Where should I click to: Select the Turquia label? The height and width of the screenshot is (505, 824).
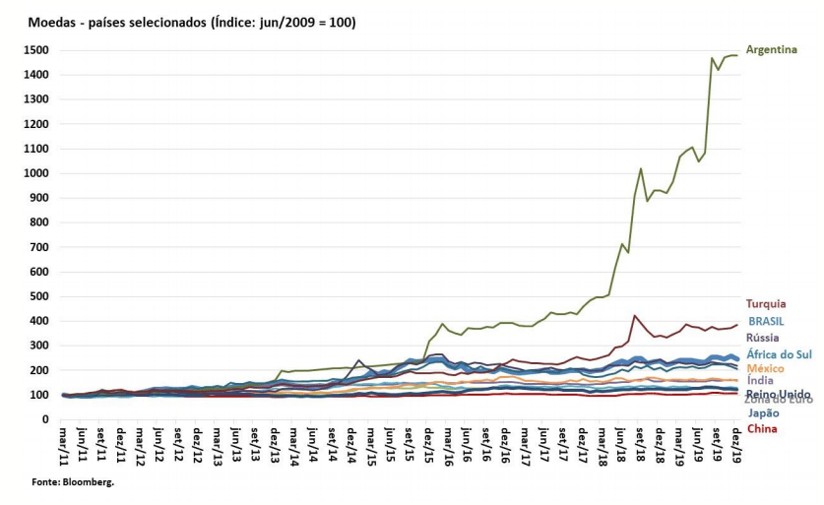[766, 304]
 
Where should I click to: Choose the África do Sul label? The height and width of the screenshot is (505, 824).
[778, 353]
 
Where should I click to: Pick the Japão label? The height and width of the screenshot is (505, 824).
[764, 413]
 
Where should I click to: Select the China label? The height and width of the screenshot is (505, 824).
[762, 428]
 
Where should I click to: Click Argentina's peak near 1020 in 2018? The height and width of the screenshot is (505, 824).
[641, 168]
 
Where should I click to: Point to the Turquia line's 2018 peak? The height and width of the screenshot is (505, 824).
[635, 315]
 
